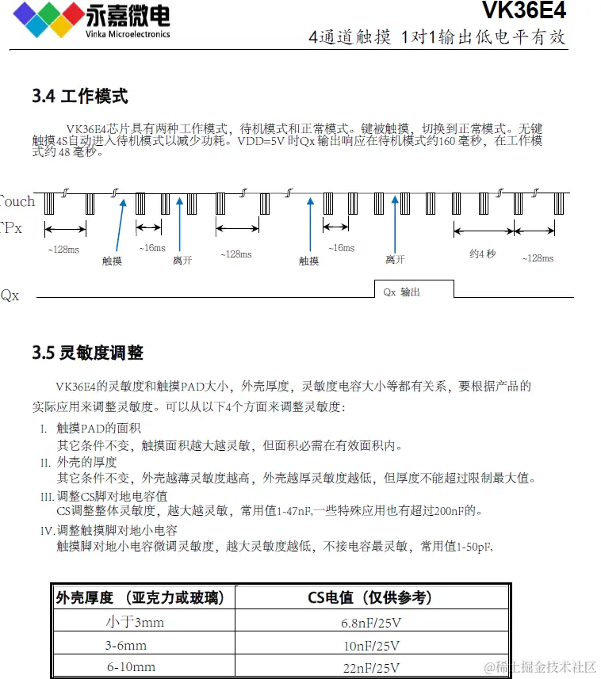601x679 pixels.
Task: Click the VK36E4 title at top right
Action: coord(524,11)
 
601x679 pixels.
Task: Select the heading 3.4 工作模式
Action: coord(79,97)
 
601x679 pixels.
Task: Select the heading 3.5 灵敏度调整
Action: coord(87,353)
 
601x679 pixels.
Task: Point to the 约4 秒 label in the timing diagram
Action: coord(482,254)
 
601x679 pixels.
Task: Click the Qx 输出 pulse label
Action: coord(402,292)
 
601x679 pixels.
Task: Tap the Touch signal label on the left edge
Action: coord(17,201)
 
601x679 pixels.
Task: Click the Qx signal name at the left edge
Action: coord(10,296)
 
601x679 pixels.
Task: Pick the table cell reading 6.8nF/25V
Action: coord(371,622)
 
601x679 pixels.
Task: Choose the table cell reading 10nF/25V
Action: coord(371,645)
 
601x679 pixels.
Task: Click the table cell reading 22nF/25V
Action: coord(371,667)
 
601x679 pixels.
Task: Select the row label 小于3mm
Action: coord(135,622)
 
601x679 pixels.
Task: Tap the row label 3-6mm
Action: coord(126,645)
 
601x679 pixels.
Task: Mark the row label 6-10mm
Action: coord(131,667)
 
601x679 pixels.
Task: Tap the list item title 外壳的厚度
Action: coord(87,462)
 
